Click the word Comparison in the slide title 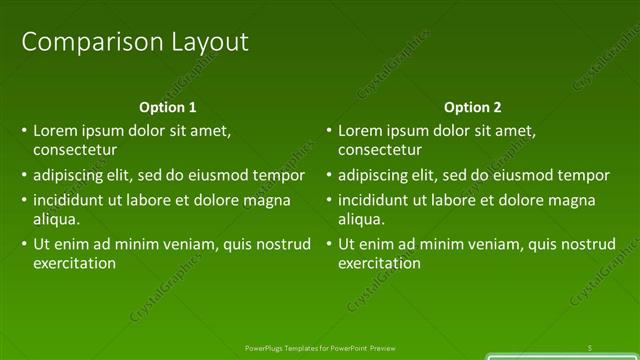[x=80, y=42]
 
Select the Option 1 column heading [x=168, y=107]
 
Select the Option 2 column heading [x=473, y=107]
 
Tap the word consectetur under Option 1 [x=75, y=150]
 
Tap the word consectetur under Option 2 [x=380, y=150]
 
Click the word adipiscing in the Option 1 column [x=68, y=175]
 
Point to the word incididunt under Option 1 [x=69, y=199]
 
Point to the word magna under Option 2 [x=587, y=199]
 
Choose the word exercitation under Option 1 [x=75, y=263]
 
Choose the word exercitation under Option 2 [x=379, y=263]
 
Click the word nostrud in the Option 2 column [x=590, y=244]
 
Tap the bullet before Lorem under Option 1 [x=24, y=131]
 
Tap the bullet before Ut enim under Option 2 [x=329, y=244]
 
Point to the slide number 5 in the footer [x=591, y=347]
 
